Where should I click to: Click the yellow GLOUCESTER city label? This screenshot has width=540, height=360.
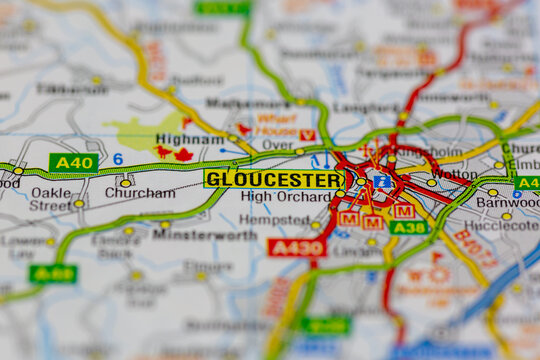(273, 179)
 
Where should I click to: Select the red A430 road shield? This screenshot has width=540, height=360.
(295, 246)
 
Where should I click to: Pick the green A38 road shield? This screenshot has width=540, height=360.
(409, 227)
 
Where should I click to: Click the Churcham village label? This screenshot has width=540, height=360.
(139, 193)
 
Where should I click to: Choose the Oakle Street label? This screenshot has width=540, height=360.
(50, 199)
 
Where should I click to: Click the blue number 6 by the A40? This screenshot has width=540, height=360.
(117, 159)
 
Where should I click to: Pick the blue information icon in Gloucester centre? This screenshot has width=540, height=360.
(382, 181)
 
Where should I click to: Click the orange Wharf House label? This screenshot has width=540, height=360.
(276, 125)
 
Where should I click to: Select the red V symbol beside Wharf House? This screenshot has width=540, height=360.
(307, 135)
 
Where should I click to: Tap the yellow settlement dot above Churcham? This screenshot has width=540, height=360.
(125, 182)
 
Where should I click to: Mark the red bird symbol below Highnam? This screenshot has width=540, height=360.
(163, 152)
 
